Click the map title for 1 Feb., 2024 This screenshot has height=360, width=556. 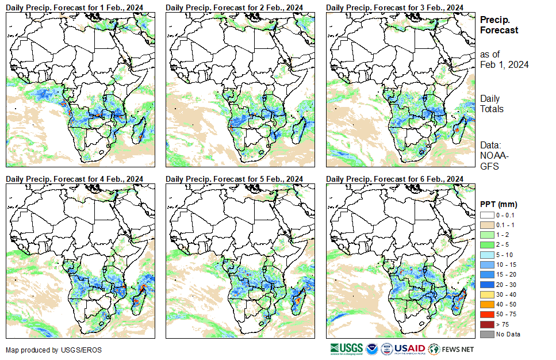pyautogui.click(x=74, y=6)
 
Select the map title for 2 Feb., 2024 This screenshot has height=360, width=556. pyautogui.click(x=234, y=6)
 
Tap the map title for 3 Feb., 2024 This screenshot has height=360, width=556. pyautogui.click(x=394, y=6)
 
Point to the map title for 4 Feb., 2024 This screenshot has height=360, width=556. pyautogui.click(x=74, y=179)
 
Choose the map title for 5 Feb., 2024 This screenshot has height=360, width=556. pyautogui.click(x=234, y=179)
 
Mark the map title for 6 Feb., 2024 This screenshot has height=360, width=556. pyautogui.click(x=394, y=179)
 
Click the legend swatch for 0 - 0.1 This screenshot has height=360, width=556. pyautogui.click(x=486, y=215)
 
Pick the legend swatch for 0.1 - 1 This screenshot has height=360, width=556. pyautogui.click(x=486, y=224)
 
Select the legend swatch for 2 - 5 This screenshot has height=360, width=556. pyautogui.click(x=486, y=244)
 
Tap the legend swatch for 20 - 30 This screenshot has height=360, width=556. pyautogui.click(x=486, y=284)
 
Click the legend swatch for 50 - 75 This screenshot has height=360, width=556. pyautogui.click(x=486, y=314)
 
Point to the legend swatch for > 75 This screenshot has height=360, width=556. pyautogui.click(x=486, y=324)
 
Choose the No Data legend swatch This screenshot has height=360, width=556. pyautogui.click(x=486, y=334)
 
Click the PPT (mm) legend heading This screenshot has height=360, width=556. pyautogui.click(x=499, y=204)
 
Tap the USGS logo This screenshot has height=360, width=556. pyautogui.click(x=346, y=348)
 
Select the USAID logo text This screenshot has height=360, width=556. pyautogui.click(x=409, y=348)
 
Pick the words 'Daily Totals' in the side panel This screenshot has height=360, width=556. pyautogui.click(x=492, y=104)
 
